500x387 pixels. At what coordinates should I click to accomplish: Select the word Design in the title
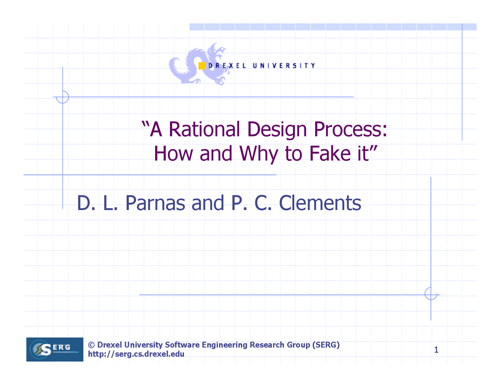click(x=277, y=130)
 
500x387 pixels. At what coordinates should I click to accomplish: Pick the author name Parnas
click(x=155, y=203)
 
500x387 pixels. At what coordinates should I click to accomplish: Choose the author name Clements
click(x=320, y=203)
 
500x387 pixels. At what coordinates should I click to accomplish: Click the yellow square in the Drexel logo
click(x=202, y=66)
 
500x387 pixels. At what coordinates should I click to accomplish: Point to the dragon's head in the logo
click(x=219, y=51)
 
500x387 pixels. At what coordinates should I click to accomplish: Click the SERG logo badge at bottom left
click(x=55, y=349)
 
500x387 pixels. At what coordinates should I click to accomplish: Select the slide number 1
click(x=436, y=350)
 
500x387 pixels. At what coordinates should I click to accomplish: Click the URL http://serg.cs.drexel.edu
click(x=136, y=354)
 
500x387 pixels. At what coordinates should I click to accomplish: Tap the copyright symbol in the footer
click(x=91, y=345)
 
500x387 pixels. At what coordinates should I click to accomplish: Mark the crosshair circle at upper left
click(x=62, y=97)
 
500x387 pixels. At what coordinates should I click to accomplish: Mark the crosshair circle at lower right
click(x=431, y=293)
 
